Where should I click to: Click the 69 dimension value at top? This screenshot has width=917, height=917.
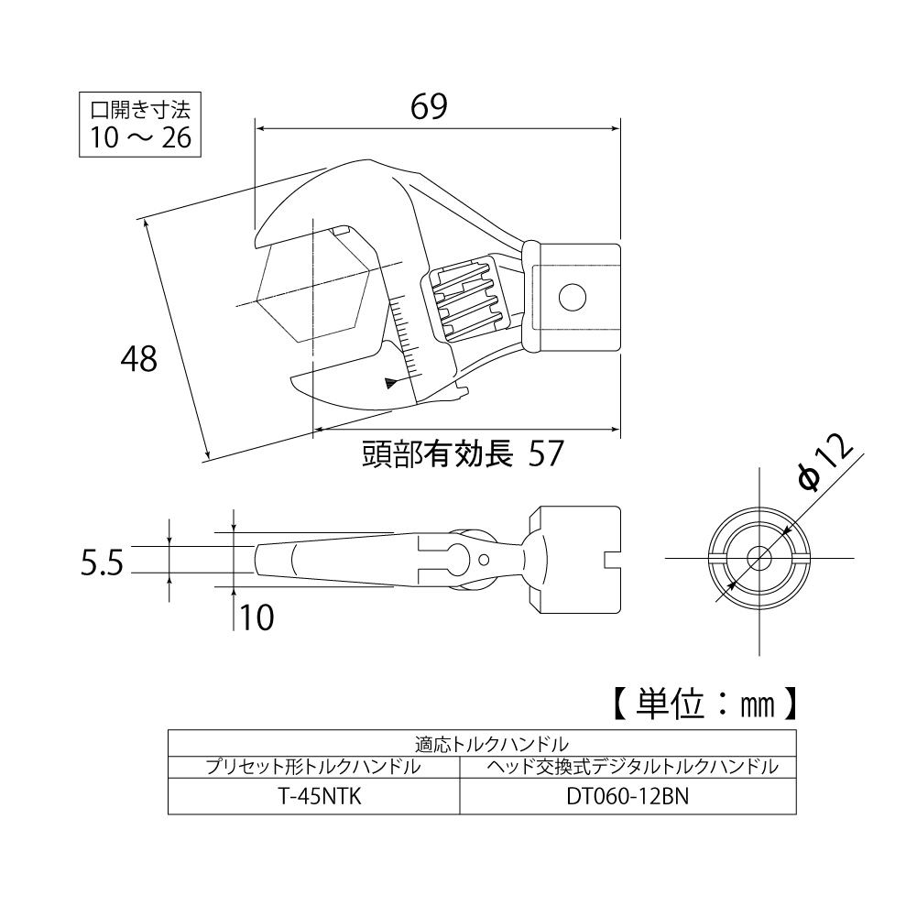point(429,107)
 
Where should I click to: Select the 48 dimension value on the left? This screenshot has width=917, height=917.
point(139,357)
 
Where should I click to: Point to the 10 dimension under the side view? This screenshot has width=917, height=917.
point(257,619)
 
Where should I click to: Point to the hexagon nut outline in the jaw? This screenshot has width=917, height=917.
point(313,286)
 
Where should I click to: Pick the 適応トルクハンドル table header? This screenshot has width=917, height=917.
point(481,742)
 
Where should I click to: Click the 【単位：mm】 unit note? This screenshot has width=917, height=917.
point(701,704)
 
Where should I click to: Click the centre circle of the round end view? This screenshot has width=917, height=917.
point(759,558)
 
